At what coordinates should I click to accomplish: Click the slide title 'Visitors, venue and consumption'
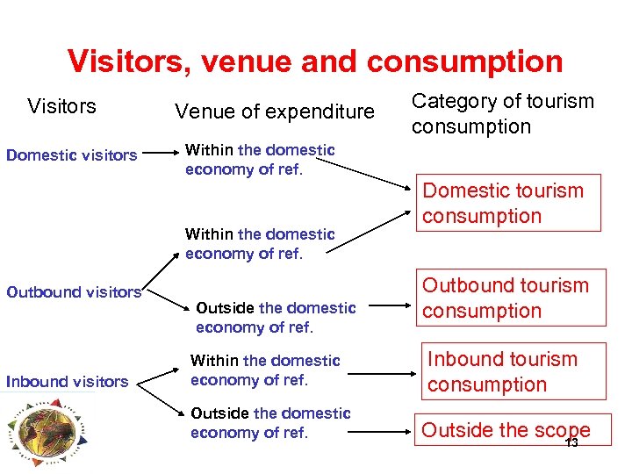[315, 61]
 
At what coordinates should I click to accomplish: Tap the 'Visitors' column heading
[61, 106]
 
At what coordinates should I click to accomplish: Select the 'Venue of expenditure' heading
[274, 111]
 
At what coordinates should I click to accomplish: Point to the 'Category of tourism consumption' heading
[503, 113]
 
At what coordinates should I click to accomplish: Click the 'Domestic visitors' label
[72, 155]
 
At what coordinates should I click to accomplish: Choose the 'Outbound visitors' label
[74, 292]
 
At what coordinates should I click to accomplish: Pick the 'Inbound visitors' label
[67, 381]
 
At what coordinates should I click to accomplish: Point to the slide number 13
[571, 442]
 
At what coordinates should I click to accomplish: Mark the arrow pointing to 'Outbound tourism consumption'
[391, 309]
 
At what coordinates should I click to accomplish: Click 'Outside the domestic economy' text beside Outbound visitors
[275, 318]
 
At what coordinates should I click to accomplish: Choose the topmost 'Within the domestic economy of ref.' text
[260, 160]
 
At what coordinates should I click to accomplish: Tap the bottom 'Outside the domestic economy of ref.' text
[270, 422]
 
